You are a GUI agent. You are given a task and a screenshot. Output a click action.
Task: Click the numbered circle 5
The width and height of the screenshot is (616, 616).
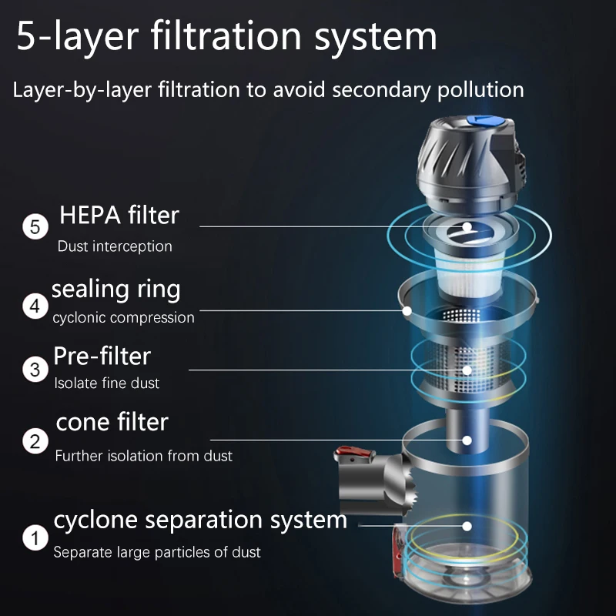pos(34,228)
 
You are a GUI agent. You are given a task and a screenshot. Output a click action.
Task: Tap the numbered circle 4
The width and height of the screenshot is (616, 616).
pos(34,306)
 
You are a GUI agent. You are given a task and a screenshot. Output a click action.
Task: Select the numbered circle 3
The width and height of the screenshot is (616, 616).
pos(34,369)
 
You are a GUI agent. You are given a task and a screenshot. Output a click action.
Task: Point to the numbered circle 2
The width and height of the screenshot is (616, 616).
pos(34,442)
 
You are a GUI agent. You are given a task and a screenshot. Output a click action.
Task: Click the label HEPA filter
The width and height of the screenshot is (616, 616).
pos(119,215)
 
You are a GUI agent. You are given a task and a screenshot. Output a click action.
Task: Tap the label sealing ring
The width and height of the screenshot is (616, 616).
pos(116,290)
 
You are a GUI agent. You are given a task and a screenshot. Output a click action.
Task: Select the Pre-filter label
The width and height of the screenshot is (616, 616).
pos(102,356)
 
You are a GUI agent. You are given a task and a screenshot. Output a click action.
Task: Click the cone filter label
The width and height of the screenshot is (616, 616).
pos(112,422)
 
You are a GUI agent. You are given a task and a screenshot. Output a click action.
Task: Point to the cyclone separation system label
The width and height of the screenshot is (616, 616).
pos(200,520)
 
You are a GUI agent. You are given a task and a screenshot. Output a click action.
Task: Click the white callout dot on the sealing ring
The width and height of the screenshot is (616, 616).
pos(407,311)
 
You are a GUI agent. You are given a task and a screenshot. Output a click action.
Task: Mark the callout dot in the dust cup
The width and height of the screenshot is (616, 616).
pos(467,526)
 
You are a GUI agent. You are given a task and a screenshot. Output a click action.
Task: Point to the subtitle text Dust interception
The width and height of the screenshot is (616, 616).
pos(115,247)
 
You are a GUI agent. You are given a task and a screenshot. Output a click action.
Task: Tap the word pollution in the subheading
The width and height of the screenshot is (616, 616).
pos(476,89)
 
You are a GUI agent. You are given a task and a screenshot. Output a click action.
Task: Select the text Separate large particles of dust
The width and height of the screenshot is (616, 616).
pos(157,552)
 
